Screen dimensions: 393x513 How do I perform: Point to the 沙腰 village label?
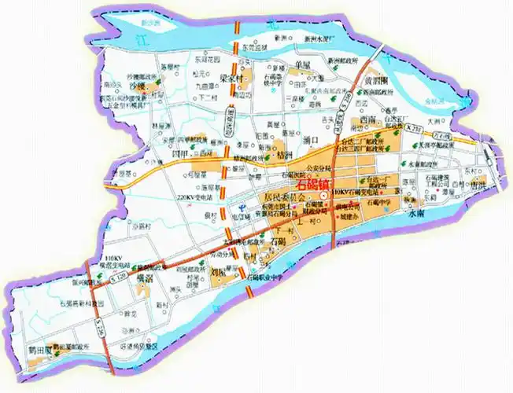click(x=138, y=82)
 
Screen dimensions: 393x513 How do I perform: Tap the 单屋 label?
click(x=303, y=63)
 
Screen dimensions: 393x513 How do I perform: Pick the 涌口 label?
click(x=309, y=140)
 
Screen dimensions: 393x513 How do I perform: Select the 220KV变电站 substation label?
click(x=194, y=196)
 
